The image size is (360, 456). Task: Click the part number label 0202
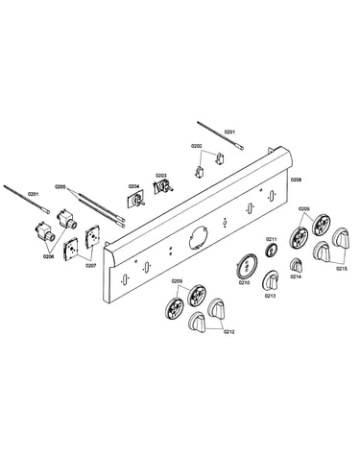point(197,146)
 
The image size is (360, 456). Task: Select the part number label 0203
point(161,176)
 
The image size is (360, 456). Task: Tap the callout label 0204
point(133,186)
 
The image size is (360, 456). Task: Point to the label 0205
point(60,186)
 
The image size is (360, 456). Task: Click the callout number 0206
point(49,256)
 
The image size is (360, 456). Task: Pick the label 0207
point(90,265)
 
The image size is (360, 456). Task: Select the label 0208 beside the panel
point(296,180)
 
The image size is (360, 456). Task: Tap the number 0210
point(244,282)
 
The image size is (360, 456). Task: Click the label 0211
point(272,239)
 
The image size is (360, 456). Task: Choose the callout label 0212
point(228,332)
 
